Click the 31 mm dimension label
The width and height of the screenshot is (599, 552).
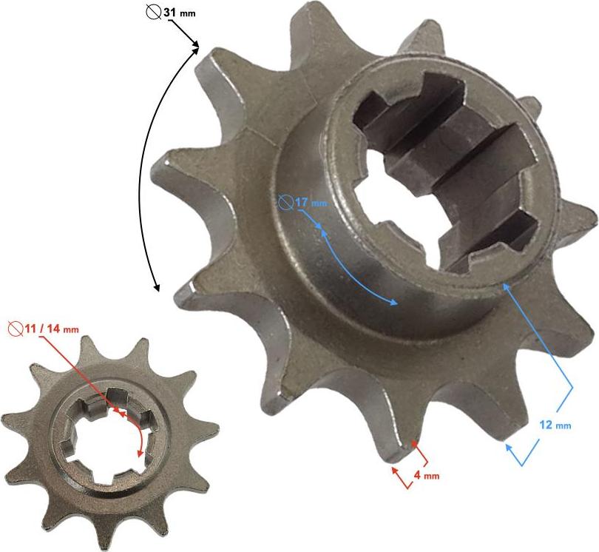point(180,13)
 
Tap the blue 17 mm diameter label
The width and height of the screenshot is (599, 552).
point(311,202)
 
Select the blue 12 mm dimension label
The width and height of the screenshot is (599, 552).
point(555,424)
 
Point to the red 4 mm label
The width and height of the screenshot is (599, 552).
point(427,476)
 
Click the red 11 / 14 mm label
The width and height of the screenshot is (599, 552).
point(52,329)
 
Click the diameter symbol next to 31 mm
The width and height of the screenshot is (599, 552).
point(154,13)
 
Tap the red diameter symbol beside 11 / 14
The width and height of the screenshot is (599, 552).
point(16,329)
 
